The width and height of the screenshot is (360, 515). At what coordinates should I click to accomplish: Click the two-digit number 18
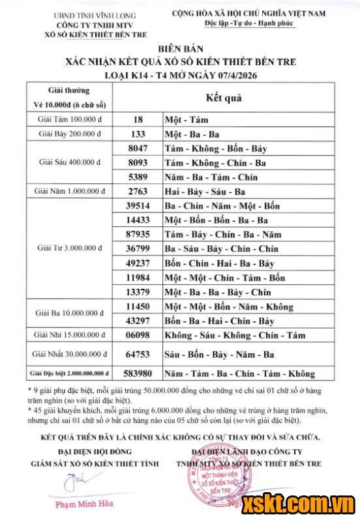pyautogui.click(x=138, y=119)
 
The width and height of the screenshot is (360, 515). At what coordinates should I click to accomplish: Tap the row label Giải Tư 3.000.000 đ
pyautogui.click(x=70, y=248)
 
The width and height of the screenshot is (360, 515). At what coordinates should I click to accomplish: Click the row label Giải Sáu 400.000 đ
pyautogui.click(x=70, y=162)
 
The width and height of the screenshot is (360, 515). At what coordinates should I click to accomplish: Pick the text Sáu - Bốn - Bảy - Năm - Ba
pyautogui.click(x=219, y=355)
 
